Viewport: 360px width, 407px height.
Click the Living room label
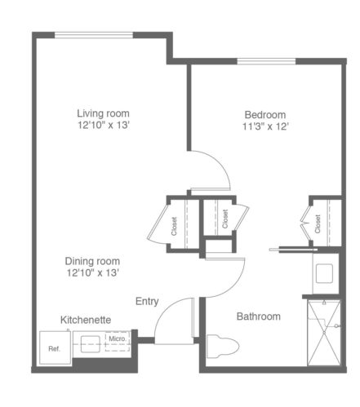[103, 113]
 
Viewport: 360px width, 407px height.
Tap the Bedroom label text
[265, 115]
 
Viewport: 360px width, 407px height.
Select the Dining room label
[92, 261]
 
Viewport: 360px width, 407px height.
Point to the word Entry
[147, 302]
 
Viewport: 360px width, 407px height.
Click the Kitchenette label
[86, 320]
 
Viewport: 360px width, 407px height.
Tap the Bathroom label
[259, 316]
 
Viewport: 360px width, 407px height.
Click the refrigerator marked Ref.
[56, 347]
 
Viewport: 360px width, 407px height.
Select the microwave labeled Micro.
[118, 341]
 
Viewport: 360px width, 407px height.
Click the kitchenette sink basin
[91, 344]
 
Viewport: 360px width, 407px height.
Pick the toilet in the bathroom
[223, 346]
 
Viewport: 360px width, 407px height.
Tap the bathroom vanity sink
[324, 273]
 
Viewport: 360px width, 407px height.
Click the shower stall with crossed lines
[324, 333]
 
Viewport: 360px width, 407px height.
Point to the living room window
[94, 35]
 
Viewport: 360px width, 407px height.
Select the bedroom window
[266, 61]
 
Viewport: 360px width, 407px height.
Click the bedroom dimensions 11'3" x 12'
[265, 126]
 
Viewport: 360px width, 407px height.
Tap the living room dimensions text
[104, 126]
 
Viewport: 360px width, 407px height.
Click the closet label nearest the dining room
[174, 226]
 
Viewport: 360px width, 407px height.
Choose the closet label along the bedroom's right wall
[318, 224]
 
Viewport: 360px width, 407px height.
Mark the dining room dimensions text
[93, 272]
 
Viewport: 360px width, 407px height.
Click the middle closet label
[225, 219]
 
